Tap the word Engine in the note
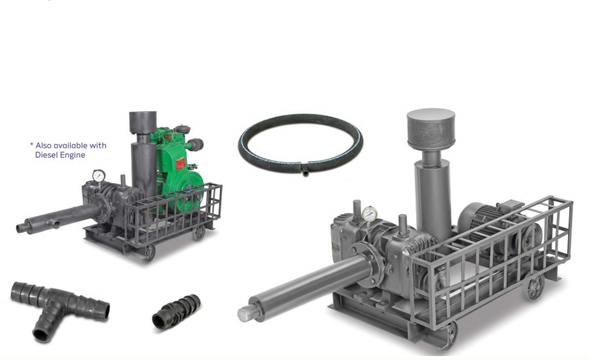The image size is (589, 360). click(73, 155)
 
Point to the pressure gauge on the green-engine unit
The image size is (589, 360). click(99, 175)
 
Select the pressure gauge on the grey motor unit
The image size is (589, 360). click(370, 214)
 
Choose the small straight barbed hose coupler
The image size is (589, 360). click(176, 312)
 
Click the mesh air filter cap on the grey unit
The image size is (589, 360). click(431, 128)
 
